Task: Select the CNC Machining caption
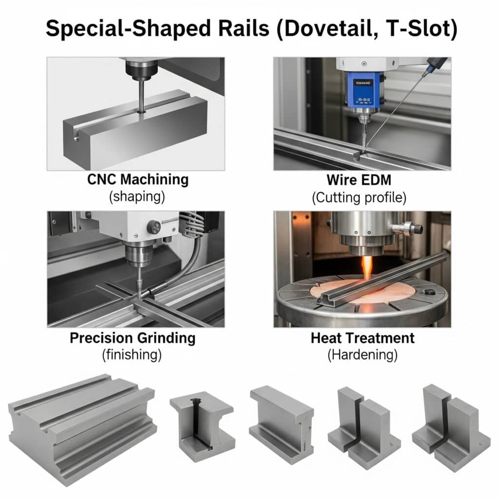coord(138,179)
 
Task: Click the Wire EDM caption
coord(359,180)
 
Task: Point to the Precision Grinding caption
coord(133,338)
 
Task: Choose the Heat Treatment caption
coord(363,338)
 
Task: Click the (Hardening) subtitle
coord(363,355)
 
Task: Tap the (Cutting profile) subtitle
coord(359,198)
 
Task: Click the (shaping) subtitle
coord(137,196)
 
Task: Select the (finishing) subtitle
coord(132,355)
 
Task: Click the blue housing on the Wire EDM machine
coord(363,90)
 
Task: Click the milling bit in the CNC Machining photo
coord(141,96)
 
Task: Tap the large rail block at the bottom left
coord(82,430)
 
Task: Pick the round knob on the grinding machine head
coord(154,227)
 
